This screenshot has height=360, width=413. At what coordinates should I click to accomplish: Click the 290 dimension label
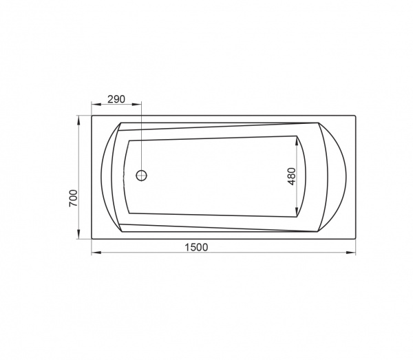tap(116, 99)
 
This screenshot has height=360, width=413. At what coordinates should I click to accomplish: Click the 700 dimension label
tap(74, 198)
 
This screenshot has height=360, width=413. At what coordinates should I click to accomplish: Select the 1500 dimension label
tap(196, 248)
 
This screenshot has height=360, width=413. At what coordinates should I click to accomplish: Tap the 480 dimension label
tap(292, 176)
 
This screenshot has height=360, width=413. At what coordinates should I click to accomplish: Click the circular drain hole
tap(141, 175)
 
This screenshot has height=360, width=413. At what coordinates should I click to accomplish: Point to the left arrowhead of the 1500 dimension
tap(96, 253)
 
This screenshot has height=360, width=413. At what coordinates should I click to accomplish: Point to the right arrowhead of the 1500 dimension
tap(350, 253)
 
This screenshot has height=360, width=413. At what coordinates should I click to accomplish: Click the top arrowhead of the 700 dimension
tap(78, 120)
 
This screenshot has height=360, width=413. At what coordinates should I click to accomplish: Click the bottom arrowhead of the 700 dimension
tap(78, 234)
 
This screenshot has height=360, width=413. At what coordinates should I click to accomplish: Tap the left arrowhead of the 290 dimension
tap(96, 105)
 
